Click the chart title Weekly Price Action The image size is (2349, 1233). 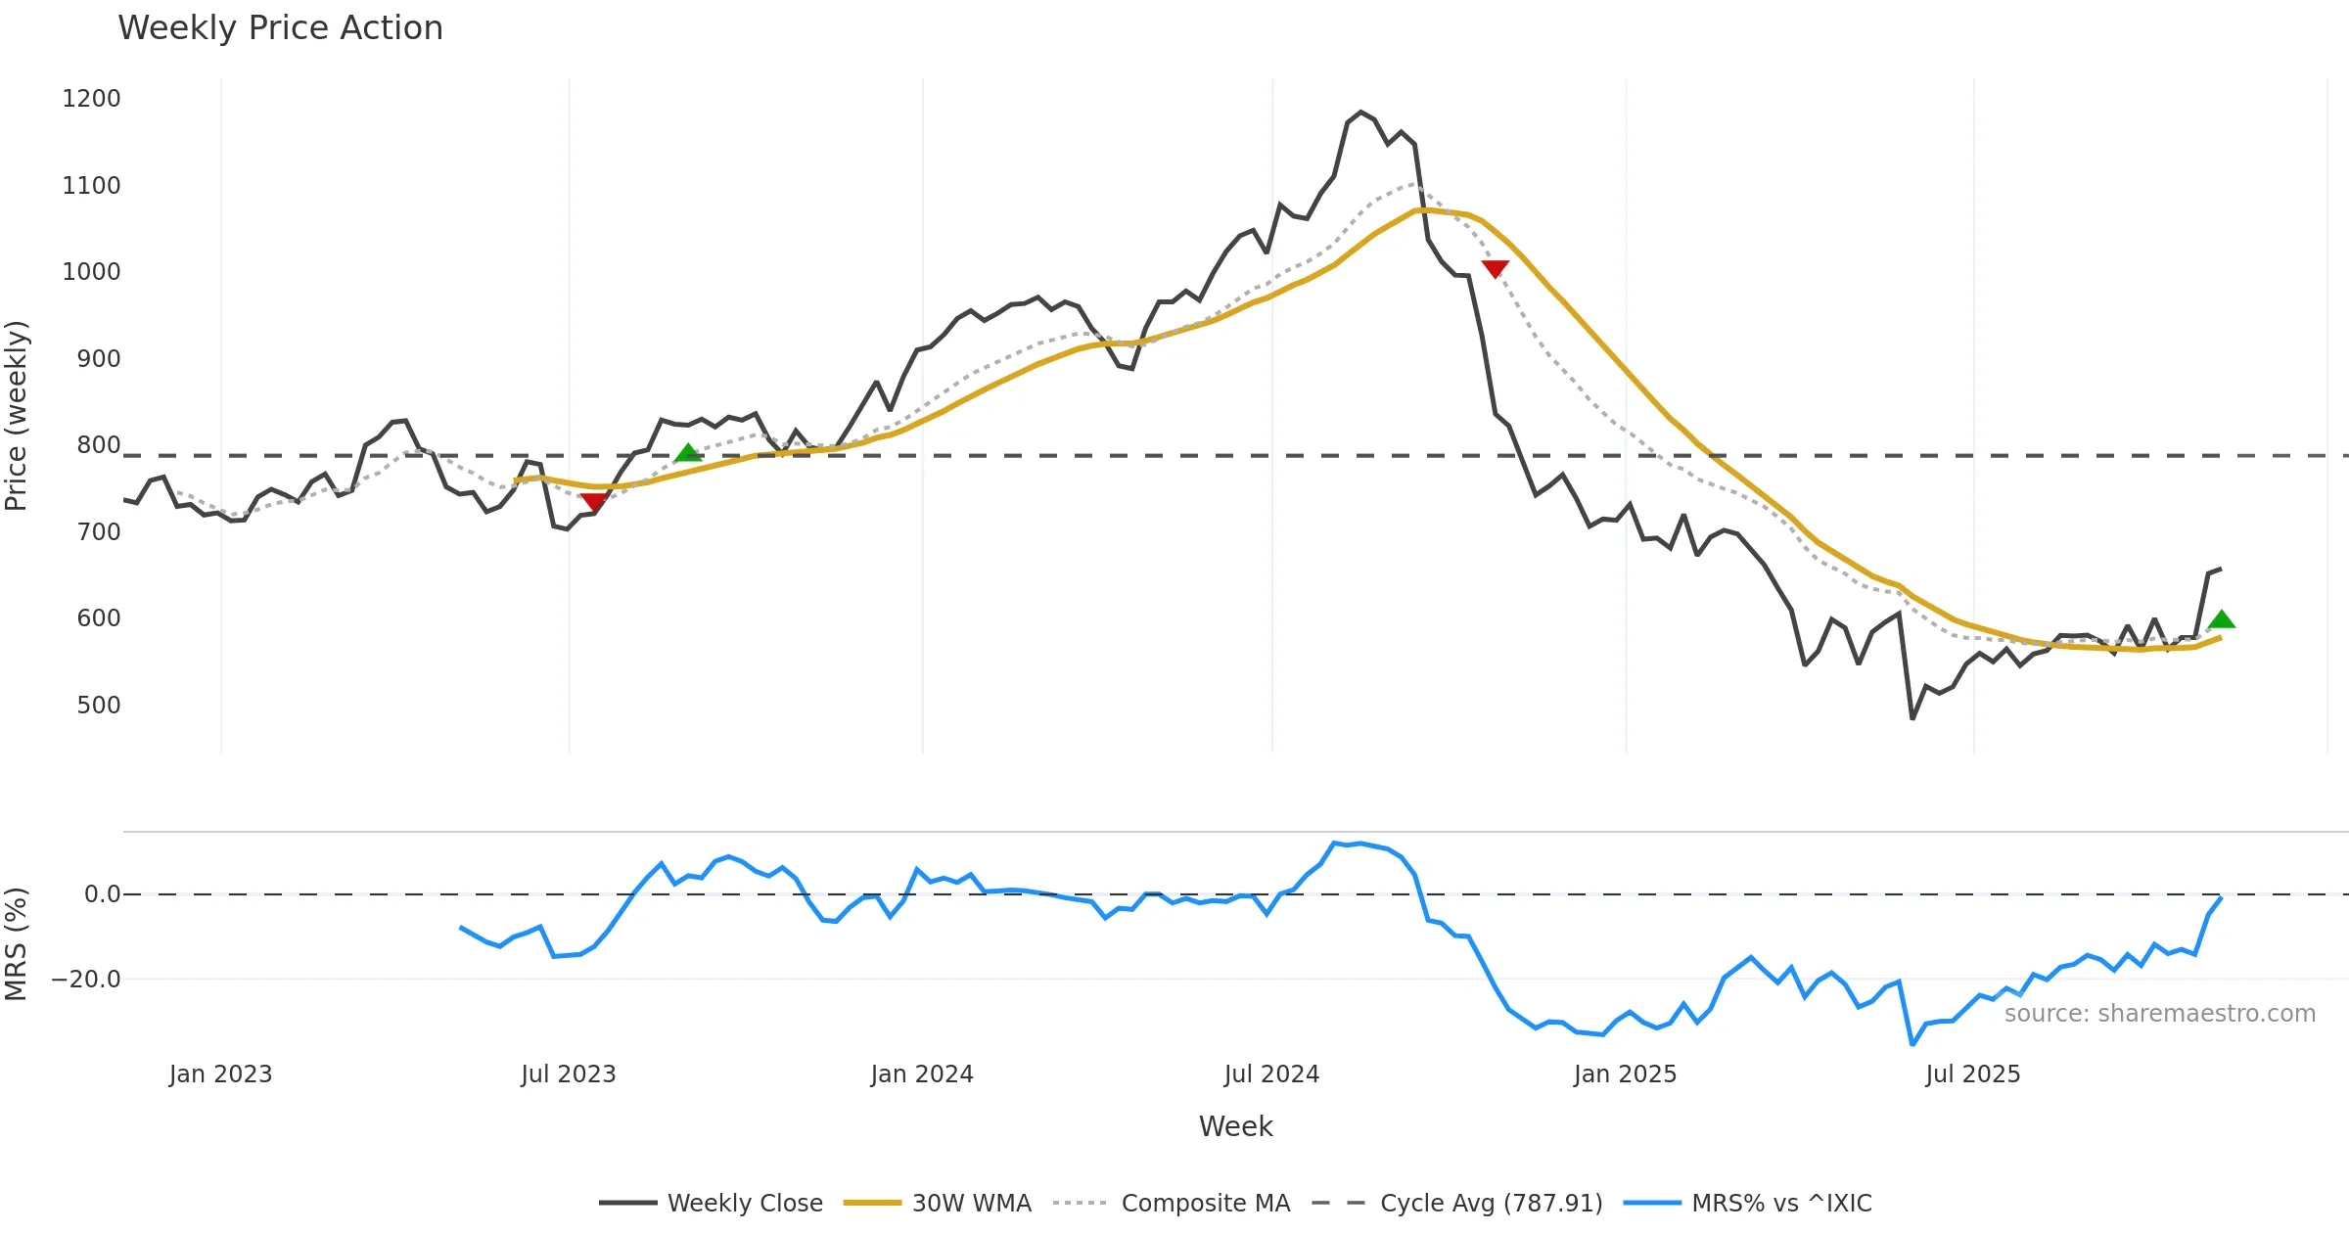click(x=280, y=28)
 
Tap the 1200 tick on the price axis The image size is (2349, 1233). click(x=91, y=99)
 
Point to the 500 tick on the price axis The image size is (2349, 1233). click(x=98, y=706)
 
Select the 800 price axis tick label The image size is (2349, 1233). click(x=98, y=445)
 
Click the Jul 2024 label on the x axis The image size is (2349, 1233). click(x=1271, y=1074)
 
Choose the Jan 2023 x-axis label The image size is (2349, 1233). click(x=220, y=1074)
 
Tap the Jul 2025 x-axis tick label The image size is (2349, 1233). click(x=1972, y=1074)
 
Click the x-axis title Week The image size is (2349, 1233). click(x=1235, y=1127)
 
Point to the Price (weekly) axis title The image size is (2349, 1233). click(x=17, y=416)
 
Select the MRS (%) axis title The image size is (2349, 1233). click(x=17, y=944)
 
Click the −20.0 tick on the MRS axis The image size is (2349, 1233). click(x=86, y=980)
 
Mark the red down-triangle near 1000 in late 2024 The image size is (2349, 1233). click(x=1495, y=268)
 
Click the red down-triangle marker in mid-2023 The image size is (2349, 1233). click(x=593, y=502)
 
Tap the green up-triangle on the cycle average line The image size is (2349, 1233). click(x=688, y=452)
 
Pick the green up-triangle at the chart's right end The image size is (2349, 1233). click(x=2221, y=619)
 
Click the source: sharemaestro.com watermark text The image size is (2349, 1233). click(x=2159, y=1014)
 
